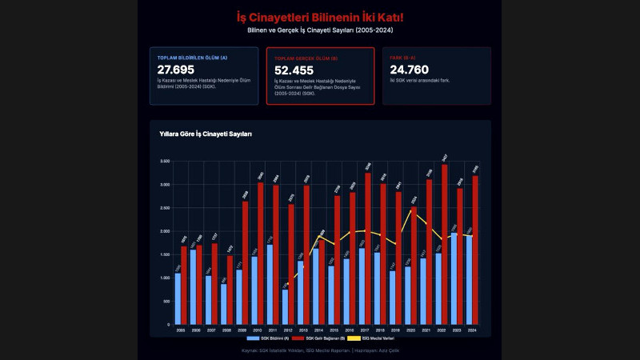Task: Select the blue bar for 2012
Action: tap(286, 307)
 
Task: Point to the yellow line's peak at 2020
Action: tap(412, 210)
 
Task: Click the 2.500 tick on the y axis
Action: tap(164, 208)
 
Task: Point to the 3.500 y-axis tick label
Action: tap(164, 162)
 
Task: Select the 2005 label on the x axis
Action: tap(180, 330)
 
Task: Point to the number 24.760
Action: tap(409, 70)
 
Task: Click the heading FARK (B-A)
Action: tap(402, 58)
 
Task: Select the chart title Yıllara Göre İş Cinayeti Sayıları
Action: tap(206, 134)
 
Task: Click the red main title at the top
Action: tap(320, 17)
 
